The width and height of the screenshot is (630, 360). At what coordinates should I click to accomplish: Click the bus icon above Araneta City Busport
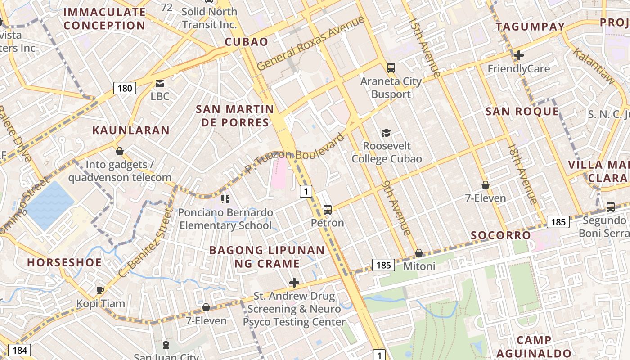click(391, 68)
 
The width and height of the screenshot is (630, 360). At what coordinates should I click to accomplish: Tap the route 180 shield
click(125, 88)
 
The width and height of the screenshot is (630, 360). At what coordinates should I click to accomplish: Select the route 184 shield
click(19, 351)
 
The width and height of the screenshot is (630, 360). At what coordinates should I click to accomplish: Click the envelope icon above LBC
click(160, 83)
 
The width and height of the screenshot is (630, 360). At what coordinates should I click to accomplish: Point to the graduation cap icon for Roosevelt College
click(386, 133)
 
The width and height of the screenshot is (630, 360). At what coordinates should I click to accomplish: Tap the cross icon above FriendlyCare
click(519, 55)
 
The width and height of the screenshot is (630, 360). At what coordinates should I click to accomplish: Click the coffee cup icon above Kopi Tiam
click(100, 290)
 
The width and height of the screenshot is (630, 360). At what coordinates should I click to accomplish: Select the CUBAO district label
click(246, 42)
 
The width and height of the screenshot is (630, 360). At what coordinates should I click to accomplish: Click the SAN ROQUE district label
click(522, 112)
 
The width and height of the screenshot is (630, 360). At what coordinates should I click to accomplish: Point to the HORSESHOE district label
click(64, 262)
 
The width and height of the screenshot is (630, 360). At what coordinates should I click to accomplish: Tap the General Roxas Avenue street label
click(310, 43)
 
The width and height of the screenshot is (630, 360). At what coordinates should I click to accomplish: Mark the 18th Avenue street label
click(522, 173)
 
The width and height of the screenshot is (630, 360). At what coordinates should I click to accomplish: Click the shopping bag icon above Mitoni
click(419, 253)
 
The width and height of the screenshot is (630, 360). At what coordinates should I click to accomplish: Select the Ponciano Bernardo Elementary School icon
click(225, 199)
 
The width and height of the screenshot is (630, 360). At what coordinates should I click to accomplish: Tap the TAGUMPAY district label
click(530, 27)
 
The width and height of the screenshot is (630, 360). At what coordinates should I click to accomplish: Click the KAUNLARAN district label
click(131, 130)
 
